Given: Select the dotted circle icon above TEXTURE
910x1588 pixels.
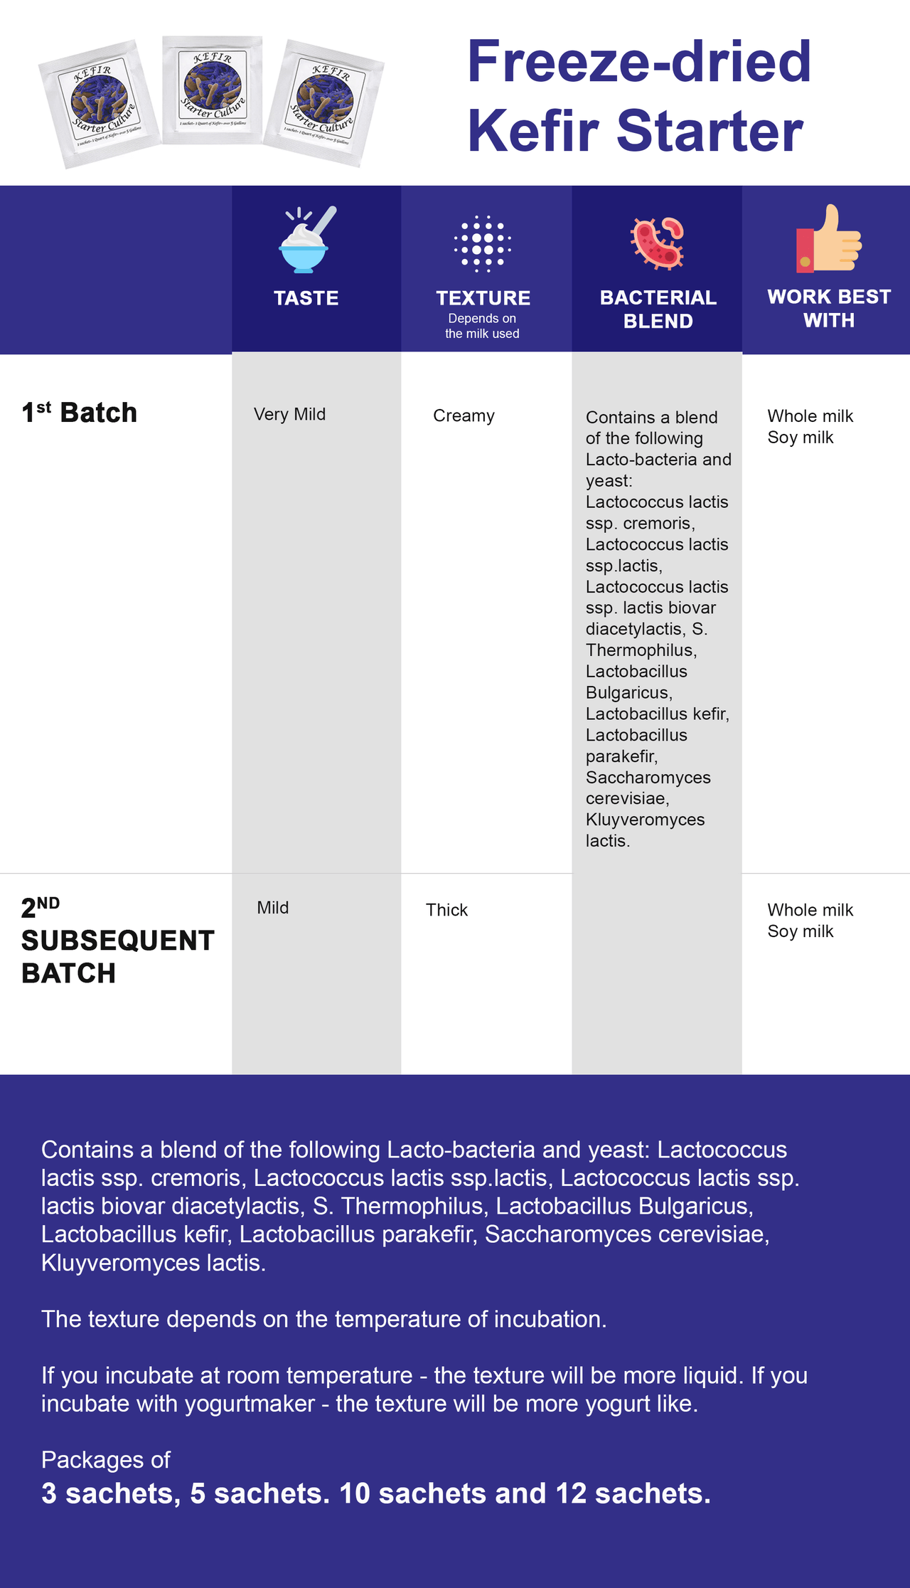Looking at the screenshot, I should [x=483, y=243].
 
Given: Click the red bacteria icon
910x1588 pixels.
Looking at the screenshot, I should [x=658, y=243].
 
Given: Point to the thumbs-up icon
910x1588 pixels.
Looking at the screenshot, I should [x=828, y=239].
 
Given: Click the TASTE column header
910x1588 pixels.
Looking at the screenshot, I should [x=306, y=298].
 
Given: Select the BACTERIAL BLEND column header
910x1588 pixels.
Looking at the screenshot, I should [x=658, y=309].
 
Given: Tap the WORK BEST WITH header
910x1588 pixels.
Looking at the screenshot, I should [x=829, y=308].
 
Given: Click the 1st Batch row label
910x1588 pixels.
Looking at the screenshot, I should [x=80, y=413].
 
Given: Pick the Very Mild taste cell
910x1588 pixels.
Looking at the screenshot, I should [x=290, y=414].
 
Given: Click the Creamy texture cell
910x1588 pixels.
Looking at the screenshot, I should [x=464, y=415].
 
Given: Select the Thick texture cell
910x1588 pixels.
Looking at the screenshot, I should [x=446, y=910].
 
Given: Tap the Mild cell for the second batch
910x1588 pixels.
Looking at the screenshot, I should [x=273, y=908].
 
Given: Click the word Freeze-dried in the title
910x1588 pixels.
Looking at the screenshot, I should [x=638, y=62].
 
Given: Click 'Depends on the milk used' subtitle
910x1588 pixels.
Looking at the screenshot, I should [x=482, y=326].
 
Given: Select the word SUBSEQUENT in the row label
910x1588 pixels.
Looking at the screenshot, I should [x=118, y=941].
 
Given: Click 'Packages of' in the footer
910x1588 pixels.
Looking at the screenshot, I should [x=106, y=1460].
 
